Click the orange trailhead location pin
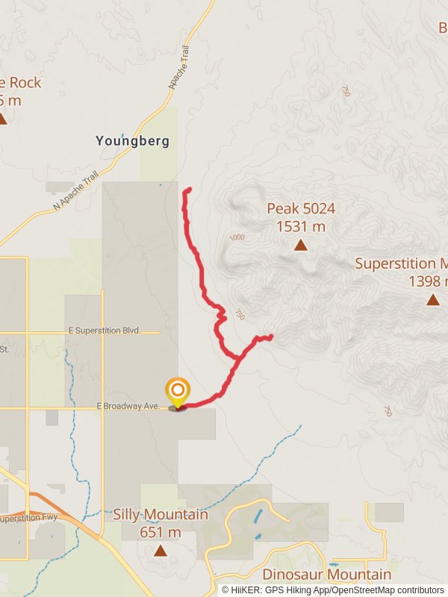pos(177,391)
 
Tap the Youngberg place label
pos(132,140)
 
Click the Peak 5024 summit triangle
pos(300,245)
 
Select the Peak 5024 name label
pos(301,208)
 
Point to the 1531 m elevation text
pos(301,226)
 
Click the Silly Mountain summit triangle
pos(160,551)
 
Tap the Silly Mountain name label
pos(160,514)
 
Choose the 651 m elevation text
pos(160,532)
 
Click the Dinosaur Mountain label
pos(326,574)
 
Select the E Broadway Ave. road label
pos(128,406)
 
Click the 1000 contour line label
pos(237,237)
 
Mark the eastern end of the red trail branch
pos(270,337)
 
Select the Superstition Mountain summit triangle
pos(432,300)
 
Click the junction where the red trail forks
pos(238,359)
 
